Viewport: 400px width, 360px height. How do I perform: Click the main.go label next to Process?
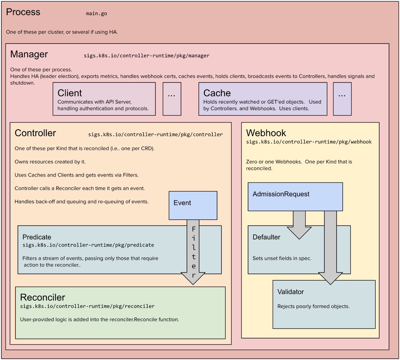pos(96,14)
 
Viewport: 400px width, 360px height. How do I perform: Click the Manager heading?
pos(29,54)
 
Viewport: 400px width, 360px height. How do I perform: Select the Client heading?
pos(70,93)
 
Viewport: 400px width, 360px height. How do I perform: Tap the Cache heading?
pos(217,93)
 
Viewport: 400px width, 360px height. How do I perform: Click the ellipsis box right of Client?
pos(172,99)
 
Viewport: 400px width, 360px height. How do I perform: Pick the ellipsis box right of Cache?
pos(342,99)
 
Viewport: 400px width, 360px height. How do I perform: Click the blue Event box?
pos(193,205)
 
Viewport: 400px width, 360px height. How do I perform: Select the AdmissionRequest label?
pos(281,194)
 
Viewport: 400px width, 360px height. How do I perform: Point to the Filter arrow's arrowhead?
pos(193,278)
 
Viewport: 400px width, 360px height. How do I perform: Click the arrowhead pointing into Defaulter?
pos(299,233)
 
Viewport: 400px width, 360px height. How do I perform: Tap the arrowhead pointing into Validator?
pos(330,279)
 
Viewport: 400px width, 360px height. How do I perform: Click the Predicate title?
pos(37,237)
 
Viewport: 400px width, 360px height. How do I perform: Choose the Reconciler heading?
pos(43,298)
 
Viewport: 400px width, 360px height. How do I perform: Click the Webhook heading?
pos(266,133)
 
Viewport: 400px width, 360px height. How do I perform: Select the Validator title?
pos(290,292)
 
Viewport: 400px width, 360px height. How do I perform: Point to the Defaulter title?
pos(266,237)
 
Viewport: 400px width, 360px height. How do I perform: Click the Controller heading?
pos(35,133)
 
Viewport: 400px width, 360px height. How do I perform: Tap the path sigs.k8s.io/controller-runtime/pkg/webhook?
pos(309,142)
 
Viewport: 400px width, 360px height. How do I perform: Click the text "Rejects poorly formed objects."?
pos(313,306)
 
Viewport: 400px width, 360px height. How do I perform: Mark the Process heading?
pos(23,12)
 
